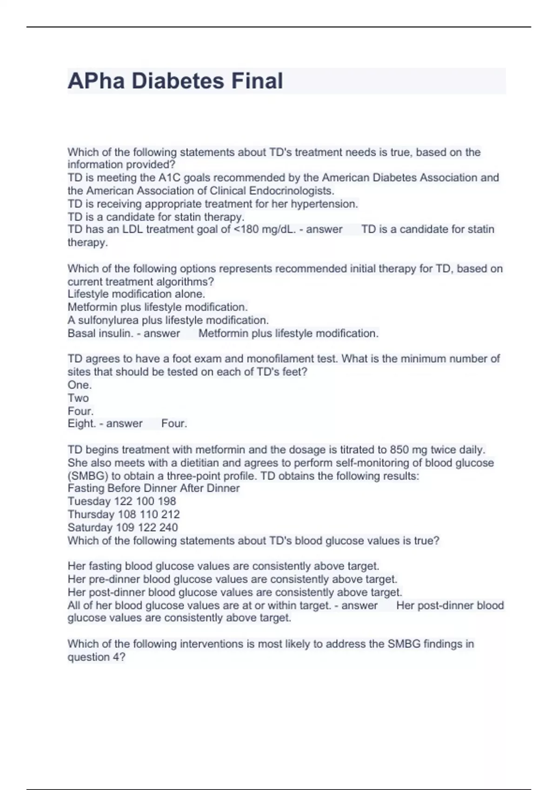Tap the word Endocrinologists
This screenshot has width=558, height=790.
pos(292,191)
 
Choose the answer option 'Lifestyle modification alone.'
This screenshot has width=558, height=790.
pos(136,294)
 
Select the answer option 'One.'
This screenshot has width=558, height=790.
pos(80,385)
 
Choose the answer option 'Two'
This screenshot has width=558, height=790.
pos(78,398)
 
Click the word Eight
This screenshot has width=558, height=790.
pos(81,424)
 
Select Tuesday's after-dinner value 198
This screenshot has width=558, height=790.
pos(166,501)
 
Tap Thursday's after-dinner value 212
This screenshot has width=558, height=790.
pos(170,514)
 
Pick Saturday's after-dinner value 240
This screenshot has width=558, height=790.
pos(168,527)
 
